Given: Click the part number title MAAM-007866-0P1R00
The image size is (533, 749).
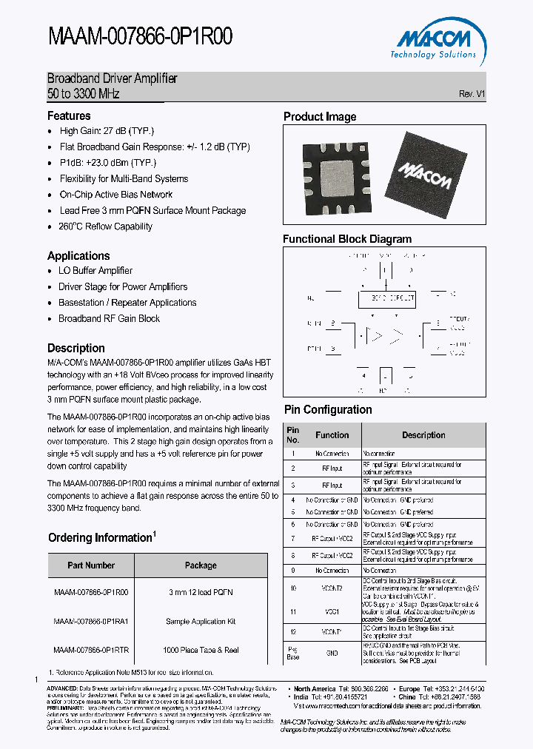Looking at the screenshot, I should pyautogui.click(x=140, y=36).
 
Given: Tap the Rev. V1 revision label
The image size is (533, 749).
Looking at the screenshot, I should pyautogui.click(x=472, y=94).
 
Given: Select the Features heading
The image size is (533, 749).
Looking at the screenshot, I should pyautogui.click(x=69, y=116).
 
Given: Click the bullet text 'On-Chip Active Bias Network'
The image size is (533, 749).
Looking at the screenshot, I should pyautogui.click(x=115, y=195).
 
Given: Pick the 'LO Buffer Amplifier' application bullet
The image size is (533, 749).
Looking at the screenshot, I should pyautogui.click(x=95, y=271).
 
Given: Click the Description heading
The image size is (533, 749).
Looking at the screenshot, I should pyautogui.click(x=76, y=348).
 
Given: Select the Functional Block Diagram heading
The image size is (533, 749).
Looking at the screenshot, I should pyautogui.click(x=347, y=239).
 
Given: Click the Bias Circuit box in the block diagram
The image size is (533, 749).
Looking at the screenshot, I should pyautogui.click(x=386, y=298).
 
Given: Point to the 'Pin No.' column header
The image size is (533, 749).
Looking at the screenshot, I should pyautogui.click(x=293, y=435).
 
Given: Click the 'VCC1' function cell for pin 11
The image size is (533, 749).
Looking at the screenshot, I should pyautogui.click(x=332, y=612).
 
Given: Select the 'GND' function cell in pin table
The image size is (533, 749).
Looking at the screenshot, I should pyautogui.click(x=332, y=653).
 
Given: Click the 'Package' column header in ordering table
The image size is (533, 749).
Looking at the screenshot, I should pyautogui.click(x=201, y=565).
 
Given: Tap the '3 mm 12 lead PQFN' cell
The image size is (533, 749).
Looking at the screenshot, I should pyautogui.click(x=201, y=593).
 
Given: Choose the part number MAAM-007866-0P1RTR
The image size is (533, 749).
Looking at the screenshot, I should pyautogui.click(x=91, y=650).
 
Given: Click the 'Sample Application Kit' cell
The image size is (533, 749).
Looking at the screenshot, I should pyautogui.click(x=201, y=622).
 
